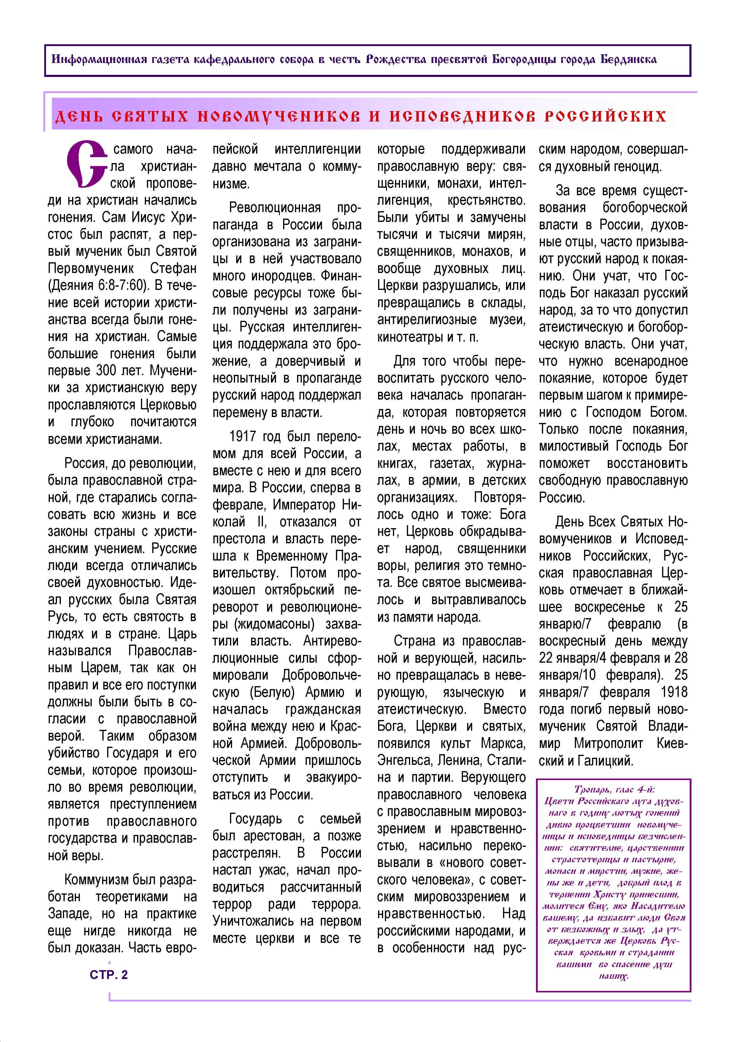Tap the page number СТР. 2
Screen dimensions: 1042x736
click(x=109, y=975)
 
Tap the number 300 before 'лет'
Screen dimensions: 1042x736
click(x=105, y=371)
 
